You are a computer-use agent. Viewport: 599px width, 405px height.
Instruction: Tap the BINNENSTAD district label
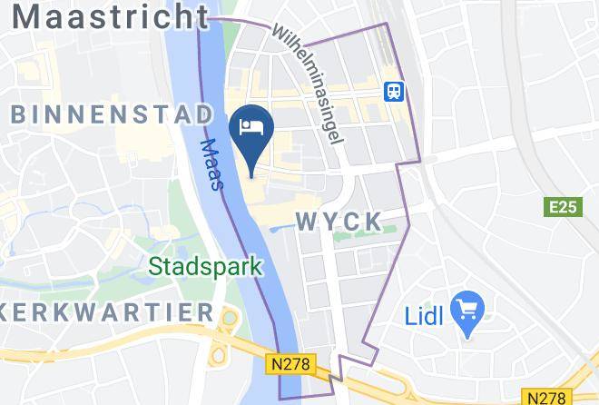coord(113,114)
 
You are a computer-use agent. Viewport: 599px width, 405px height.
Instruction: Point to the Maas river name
coord(211,163)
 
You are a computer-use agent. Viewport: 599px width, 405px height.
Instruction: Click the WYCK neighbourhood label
coord(338,221)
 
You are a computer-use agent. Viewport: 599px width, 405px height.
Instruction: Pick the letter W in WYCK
coord(306,221)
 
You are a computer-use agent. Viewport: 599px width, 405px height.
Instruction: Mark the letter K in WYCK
coord(369,221)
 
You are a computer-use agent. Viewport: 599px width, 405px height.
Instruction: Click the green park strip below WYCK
coord(363,237)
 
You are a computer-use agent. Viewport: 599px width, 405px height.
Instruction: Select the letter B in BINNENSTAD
coord(20,114)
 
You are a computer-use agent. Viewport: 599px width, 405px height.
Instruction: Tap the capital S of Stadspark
coord(154,267)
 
